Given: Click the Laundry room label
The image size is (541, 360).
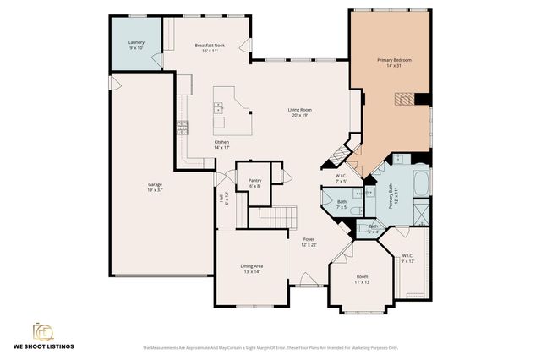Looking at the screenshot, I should (136, 45).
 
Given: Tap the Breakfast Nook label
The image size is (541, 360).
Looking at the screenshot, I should (210, 48).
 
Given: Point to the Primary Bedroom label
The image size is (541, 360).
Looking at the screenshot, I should (394, 63).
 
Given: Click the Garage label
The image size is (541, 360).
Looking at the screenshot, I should (155, 187).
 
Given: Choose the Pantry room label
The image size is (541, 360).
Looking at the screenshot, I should (254, 183).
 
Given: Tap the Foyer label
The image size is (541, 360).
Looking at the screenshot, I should (309, 243).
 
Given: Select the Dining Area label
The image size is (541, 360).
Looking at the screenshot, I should (253, 268).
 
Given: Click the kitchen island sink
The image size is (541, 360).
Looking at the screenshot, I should (218, 107).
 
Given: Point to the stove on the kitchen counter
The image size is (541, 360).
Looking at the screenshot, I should (181, 128).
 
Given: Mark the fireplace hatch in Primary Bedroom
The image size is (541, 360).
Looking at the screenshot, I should (408, 99).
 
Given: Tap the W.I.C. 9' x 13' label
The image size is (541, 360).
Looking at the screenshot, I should (407, 258).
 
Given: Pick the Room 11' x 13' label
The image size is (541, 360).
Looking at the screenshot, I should (362, 279).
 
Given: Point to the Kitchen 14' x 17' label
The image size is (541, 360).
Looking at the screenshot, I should (221, 145).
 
